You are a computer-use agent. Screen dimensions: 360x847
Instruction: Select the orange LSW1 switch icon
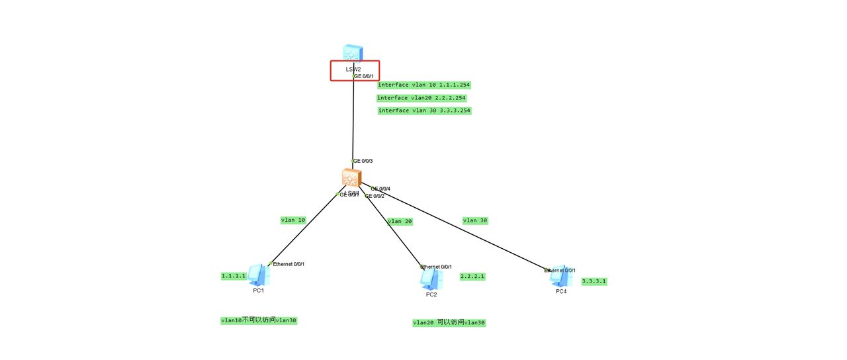coord(351,177)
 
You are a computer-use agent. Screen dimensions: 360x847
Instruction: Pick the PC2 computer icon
coord(430,279)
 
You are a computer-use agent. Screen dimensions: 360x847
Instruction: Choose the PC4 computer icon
coord(560,275)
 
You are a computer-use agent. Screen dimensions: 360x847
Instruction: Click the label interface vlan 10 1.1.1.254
coord(424,85)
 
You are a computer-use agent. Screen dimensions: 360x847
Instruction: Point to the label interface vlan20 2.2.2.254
coord(422,98)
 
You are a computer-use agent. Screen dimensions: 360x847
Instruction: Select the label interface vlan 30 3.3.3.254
coord(424,111)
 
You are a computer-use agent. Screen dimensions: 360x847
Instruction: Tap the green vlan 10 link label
coord(293,220)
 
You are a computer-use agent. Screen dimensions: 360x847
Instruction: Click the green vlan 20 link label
coord(400,222)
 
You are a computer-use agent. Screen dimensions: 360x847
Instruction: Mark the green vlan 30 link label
coord(475,220)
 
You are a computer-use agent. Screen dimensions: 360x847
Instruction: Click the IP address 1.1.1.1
coord(234,276)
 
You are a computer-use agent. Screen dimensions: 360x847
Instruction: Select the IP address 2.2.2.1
coord(472,276)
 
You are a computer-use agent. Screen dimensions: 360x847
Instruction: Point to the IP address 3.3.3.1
coord(594,281)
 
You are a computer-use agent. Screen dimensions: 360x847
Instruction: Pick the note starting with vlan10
coord(259,320)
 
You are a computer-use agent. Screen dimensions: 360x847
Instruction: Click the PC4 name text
coord(561,291)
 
